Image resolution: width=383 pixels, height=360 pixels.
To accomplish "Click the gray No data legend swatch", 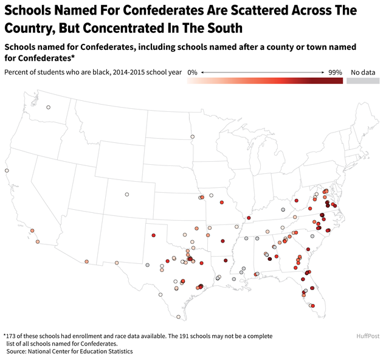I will (x=362, y=80).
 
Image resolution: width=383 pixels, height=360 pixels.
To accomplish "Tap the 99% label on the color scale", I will (x=335, y=72).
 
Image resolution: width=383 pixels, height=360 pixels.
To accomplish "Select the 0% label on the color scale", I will (x=192, y=72).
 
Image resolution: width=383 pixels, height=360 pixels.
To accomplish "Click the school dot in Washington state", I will (x=49, y=108).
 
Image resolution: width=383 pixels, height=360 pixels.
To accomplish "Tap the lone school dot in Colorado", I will (x=127, y=195).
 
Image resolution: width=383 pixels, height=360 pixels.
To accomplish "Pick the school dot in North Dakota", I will (x=193, y=137).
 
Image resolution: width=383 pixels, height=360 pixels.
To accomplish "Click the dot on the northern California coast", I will (x=7, y=171).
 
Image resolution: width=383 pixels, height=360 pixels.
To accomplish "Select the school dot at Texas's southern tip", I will (x=179, y=317).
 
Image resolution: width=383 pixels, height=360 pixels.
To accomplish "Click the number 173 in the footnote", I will (x=12, y=336).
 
